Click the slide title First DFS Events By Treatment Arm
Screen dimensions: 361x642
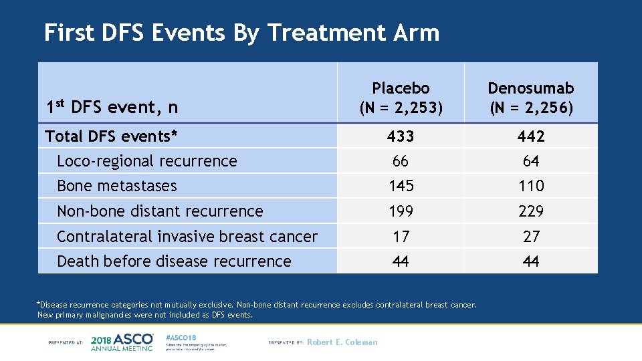click(x=241, y=33)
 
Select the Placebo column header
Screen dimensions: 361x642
click(x=401, y=98)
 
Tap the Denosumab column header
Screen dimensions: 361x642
click(x=531, y=98)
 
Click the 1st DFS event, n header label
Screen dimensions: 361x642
click(x=111, y=106)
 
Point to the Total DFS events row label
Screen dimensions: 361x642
click(x=111, y=136)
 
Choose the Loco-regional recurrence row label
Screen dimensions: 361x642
click(x=146, y=161)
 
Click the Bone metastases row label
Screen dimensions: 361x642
click(x=116, y=186)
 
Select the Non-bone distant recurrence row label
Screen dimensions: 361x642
click(x=160, y=211)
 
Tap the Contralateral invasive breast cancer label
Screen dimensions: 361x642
click(x=187, y=237)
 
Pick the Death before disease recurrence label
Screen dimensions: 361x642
click(x=174, y=261)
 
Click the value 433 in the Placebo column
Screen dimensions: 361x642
click(x=401, y=136)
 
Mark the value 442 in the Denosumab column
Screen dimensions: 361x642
click(x=531, y=136)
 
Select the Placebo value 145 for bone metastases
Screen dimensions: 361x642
click(x=401, y=186)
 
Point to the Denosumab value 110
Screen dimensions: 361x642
click(x=531, y=186)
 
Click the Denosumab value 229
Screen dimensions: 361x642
click(x=531, y=211)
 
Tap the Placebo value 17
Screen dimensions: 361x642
click(x=401, y=237)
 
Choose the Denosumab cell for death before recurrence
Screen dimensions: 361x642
click(x=531, y=261)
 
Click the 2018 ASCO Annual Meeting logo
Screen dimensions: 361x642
click(x=122, y=342)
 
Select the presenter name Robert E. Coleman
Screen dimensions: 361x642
click(x=342, y=342)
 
